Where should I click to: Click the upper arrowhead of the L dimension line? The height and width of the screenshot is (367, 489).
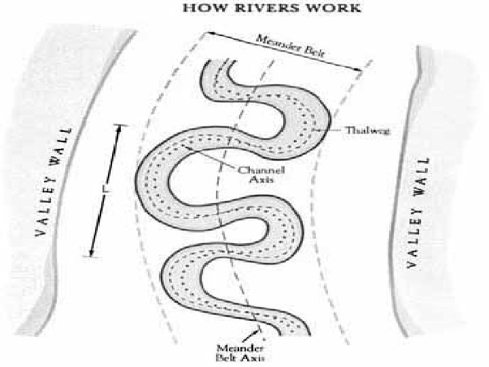[122, 128]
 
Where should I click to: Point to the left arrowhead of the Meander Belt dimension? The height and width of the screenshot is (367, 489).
[210, 33]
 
